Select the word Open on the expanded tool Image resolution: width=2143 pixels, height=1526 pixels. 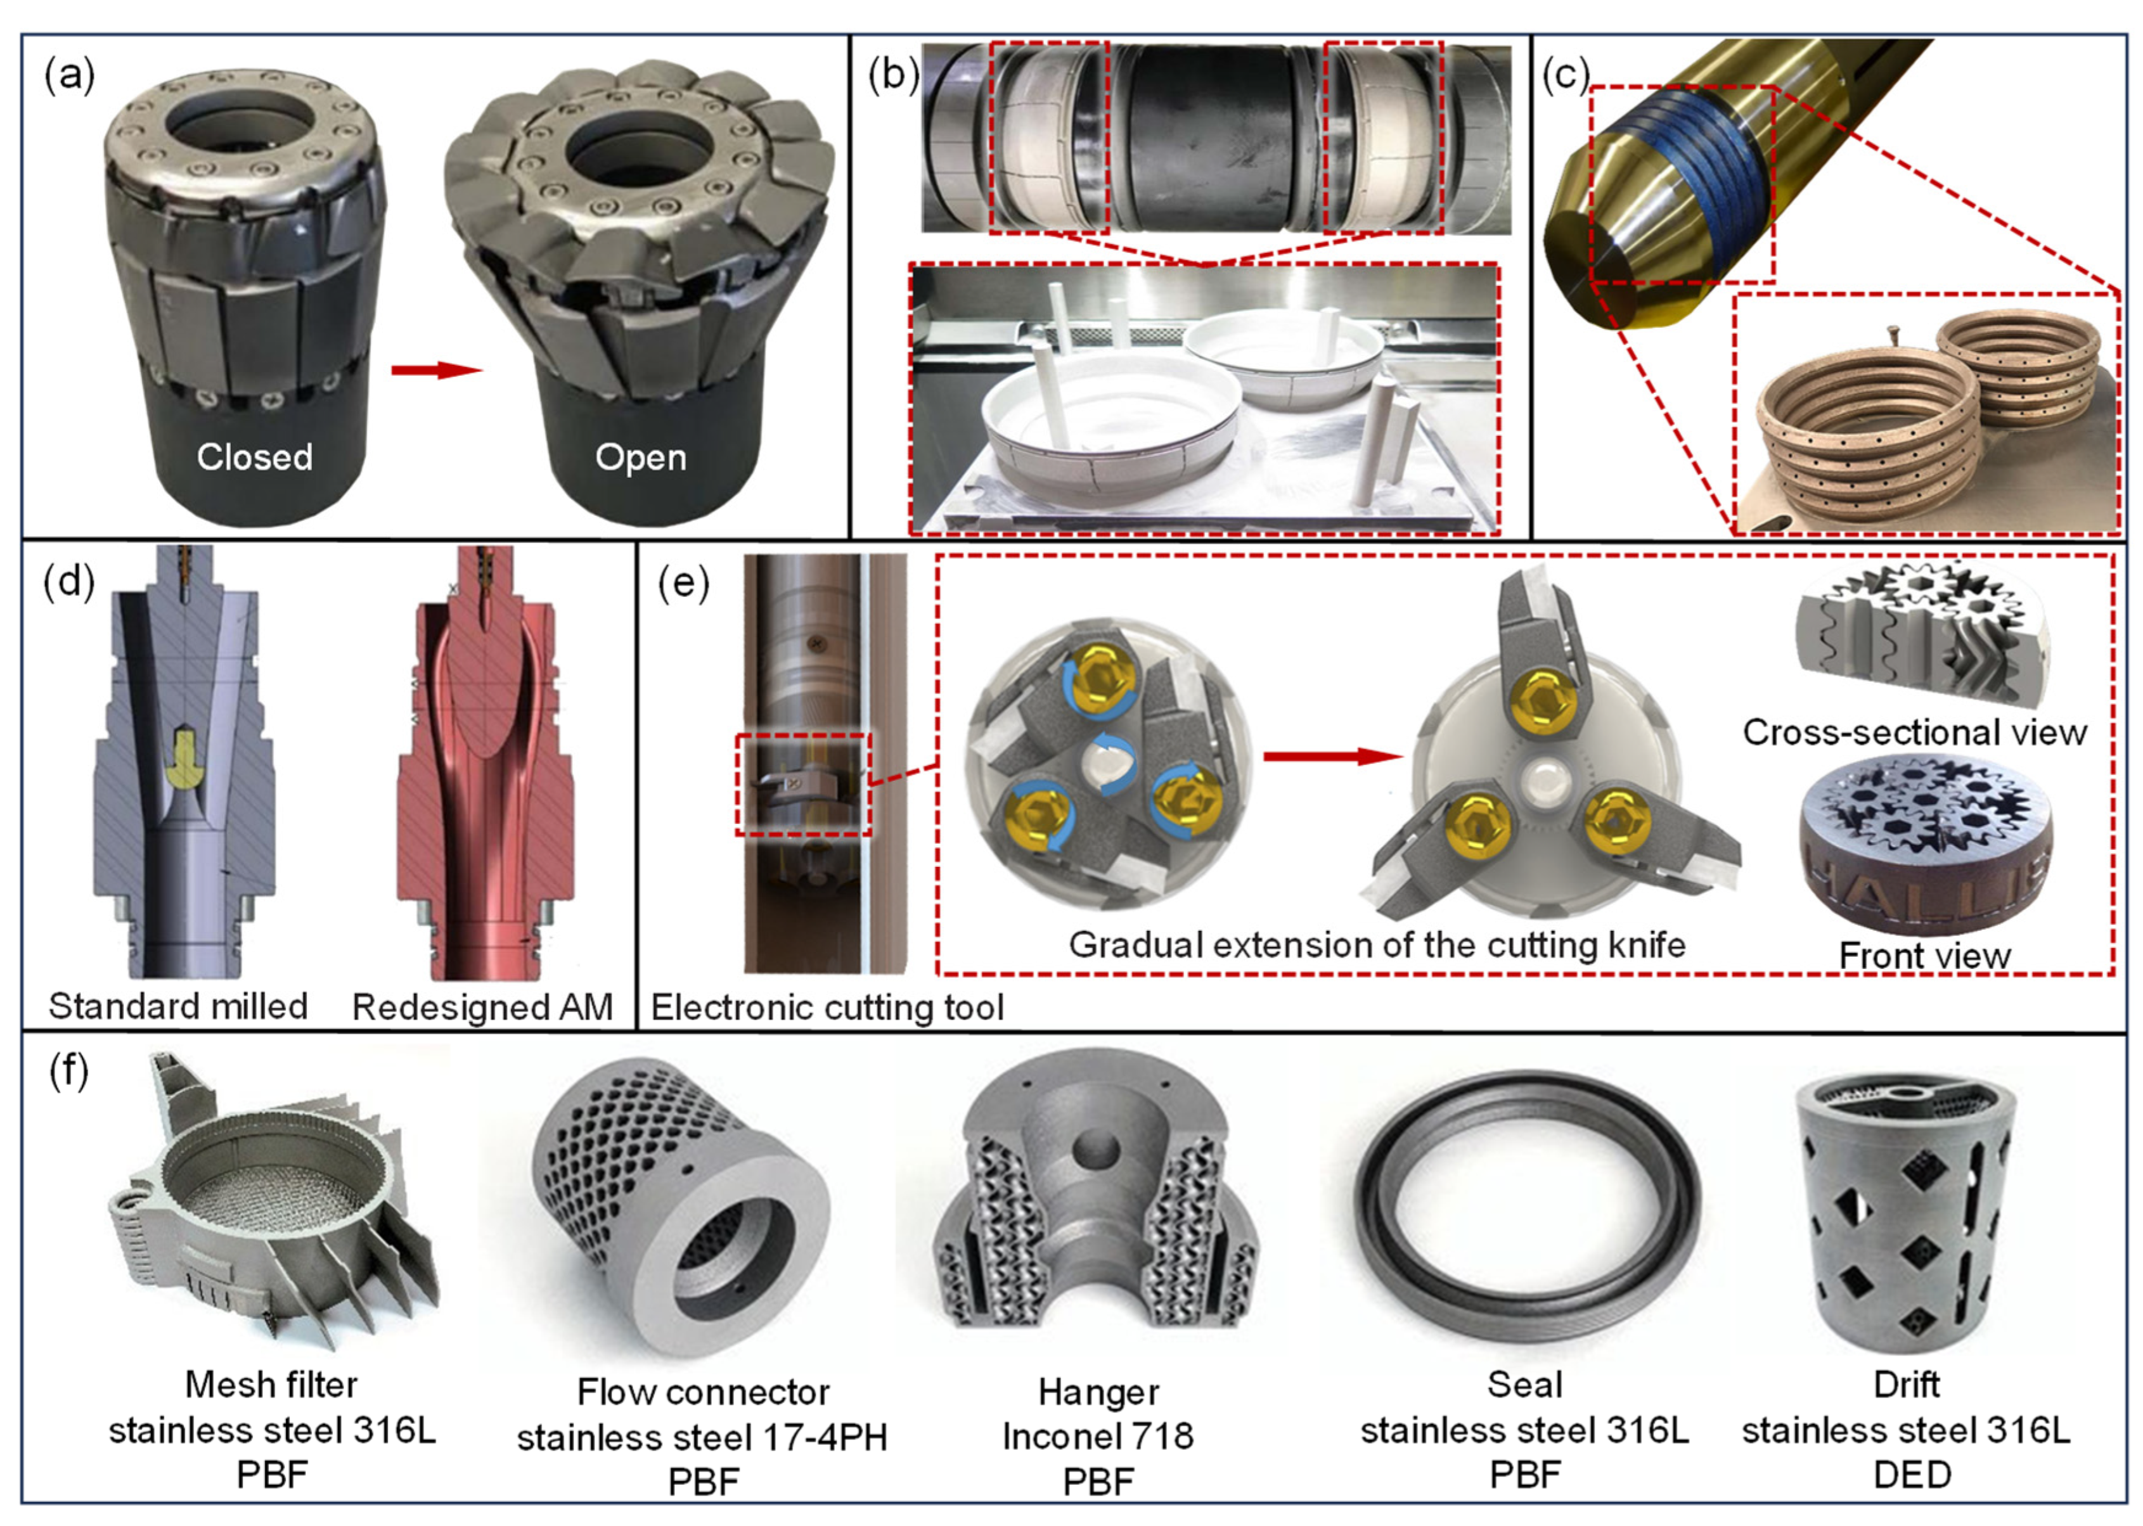click(x=640, y=457)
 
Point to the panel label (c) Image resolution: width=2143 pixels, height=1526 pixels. click(x=1565, y=75)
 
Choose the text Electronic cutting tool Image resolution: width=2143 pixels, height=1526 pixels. click(x=827, y=1008)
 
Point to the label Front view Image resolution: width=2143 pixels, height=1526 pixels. click(x=1924, y=956)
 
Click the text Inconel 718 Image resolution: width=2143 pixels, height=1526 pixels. click(x=1097, y=1436)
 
